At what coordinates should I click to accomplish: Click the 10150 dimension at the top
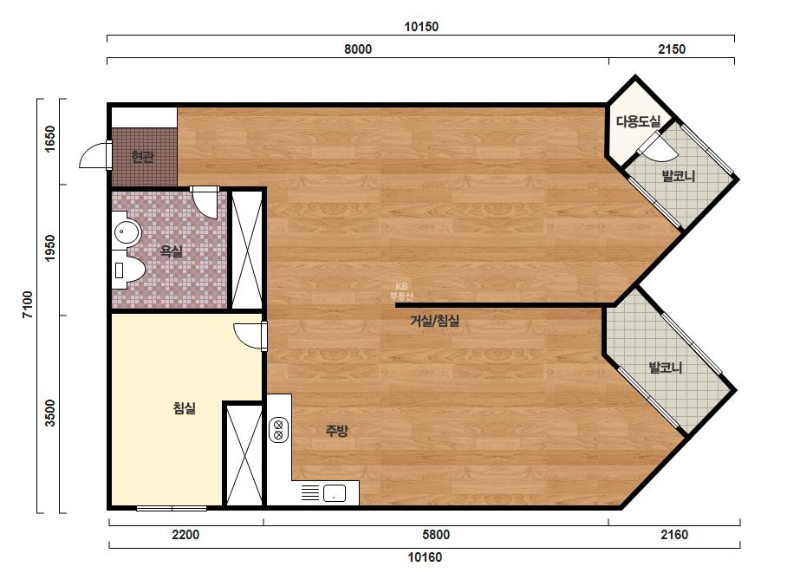point(421,27)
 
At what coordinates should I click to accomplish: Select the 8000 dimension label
point(358,49)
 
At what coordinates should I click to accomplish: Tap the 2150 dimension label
point(672,49)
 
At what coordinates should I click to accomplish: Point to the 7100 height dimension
point(28,304)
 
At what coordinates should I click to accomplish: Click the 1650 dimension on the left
point(50,139)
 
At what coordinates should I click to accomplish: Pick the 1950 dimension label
point(50,248)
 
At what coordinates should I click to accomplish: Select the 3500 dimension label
point(50,413)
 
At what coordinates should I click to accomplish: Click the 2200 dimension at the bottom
point(185,535)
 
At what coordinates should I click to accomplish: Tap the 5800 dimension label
point(436,535)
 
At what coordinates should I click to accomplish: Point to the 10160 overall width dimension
point(425,557)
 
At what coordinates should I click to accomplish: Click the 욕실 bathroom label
point(171,251)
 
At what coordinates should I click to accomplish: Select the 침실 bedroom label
point(185,407)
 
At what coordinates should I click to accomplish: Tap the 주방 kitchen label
point(337,431)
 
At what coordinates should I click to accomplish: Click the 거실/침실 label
point(435,321)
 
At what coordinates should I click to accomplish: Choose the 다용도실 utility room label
point(638,121)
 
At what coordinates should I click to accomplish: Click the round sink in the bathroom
point(126,233)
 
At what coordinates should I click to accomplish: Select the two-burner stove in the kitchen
point(278,429)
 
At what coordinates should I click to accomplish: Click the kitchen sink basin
point(335,493)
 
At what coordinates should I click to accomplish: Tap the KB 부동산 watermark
point(401,291)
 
